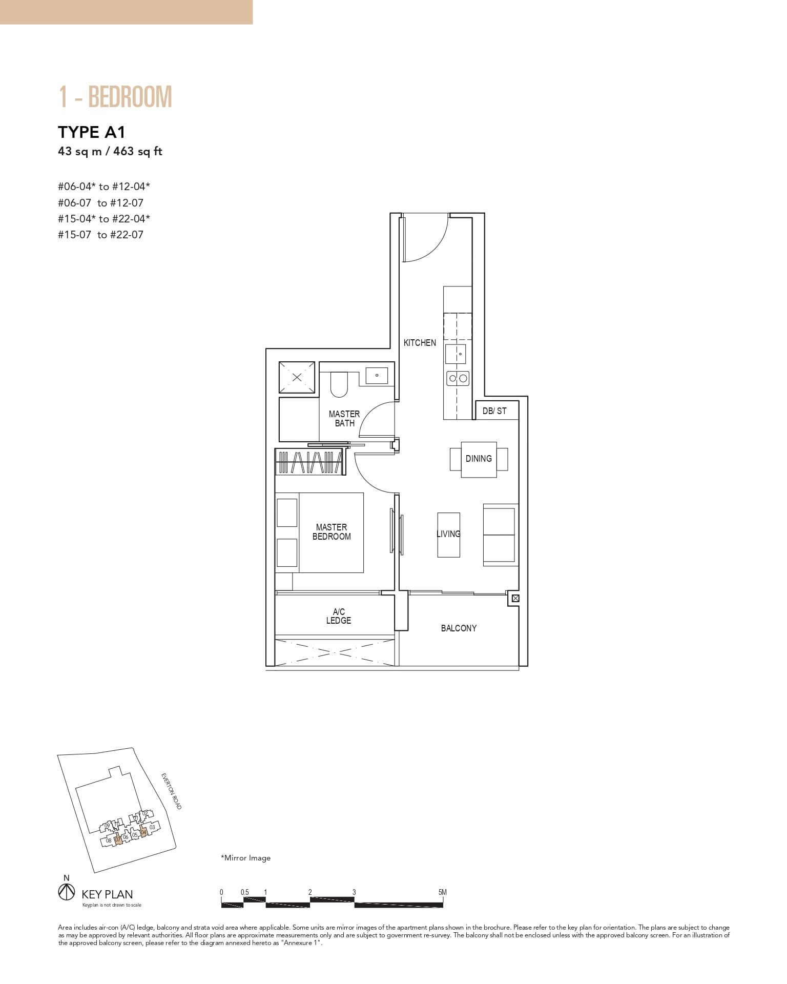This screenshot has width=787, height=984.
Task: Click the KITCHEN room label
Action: click(x=420, y=343)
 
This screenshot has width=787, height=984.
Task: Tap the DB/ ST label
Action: click(x=494, y=411)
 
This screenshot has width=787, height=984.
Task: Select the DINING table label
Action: click(x=479, y=459)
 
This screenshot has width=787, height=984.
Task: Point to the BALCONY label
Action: click(x=459, y=628)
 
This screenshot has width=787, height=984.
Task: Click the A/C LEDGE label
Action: click(x=339, y=616)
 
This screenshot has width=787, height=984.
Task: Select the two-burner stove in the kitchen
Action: click(x=458, y=379)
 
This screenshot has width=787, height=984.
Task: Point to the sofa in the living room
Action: click(x=499, y=535)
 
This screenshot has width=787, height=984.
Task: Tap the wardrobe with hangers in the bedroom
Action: click(x=309, y=462)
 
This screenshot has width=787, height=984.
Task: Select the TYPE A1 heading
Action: click(x=92, y=132)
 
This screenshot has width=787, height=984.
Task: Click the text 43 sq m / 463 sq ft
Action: click(x=110, y=152)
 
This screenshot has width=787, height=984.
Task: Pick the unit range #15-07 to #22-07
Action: click(x=100, y=235)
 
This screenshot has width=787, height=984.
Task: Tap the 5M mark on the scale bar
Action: click(x=443, y=892)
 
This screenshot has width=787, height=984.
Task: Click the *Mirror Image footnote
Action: click(x=245, y=858)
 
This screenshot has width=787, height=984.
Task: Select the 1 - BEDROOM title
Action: click(x=115, y=97)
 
